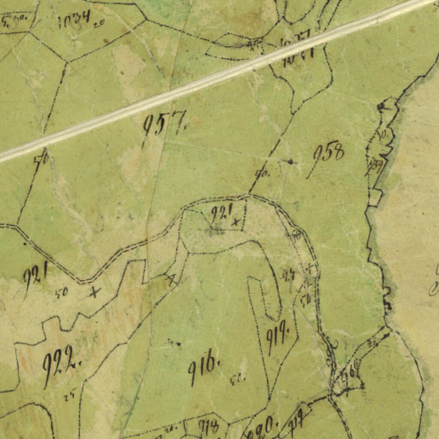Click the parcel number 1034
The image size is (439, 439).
tap(74, 19)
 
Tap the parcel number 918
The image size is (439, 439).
tap(208, 426)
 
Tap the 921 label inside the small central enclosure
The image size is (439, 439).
tap(221, 212)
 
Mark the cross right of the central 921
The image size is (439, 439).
tap(235, 222)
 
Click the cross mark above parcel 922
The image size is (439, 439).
tap(94, 292)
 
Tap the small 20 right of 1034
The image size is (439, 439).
tap(99, 24)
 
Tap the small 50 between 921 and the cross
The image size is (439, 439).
tap(61, 293)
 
